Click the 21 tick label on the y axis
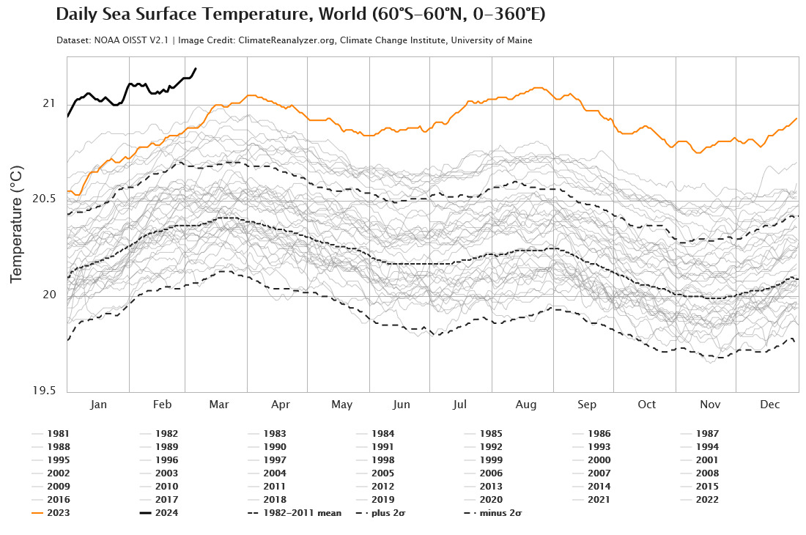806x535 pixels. point(48,103)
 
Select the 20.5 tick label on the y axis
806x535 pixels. point(43,199)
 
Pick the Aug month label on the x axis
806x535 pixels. point(525,405)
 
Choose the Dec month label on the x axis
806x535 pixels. point(769,405)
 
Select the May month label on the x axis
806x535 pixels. point(341,405)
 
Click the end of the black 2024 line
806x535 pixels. point(196,69)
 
